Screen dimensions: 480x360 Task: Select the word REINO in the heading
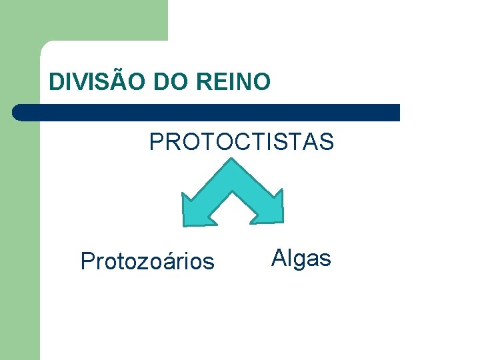pos(234,82)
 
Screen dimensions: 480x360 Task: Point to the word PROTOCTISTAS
pos(241,142)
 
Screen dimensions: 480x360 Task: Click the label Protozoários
pos(147,261)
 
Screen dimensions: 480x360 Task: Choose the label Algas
pos(301,257)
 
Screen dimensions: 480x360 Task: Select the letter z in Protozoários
pos(142,262)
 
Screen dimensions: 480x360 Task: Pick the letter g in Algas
pos(297,259)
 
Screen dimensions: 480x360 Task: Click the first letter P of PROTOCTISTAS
pos(156,142)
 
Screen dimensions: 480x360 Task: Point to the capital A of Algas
pos(279,257)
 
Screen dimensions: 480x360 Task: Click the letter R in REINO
pos(205,82)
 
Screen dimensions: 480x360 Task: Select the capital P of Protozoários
pos(87,261)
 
